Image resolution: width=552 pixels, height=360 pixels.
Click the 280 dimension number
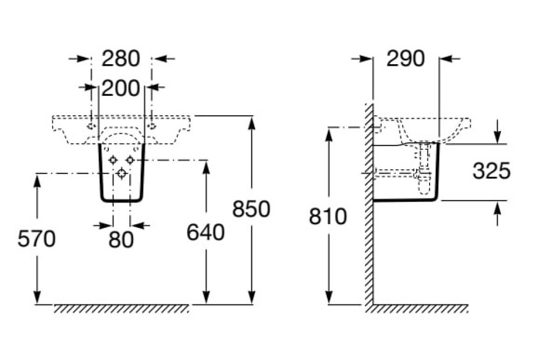coord(121,58)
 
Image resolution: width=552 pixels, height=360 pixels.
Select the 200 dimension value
coord(121,88)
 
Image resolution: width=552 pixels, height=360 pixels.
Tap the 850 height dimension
coord(251,209)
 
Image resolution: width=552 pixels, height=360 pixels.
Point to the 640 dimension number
coord(205,232)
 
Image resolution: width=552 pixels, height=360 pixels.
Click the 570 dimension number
coord(37,239)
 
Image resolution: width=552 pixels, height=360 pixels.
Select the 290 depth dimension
coord(406,58)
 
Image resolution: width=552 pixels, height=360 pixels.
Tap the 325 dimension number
coord(491,171)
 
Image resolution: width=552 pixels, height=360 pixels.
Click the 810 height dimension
coord(328,217)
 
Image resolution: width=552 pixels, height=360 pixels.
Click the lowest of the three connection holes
coord(122,173)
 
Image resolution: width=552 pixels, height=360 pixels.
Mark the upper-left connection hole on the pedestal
coord(113,161)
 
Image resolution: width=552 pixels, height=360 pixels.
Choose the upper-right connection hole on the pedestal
coord(130,161)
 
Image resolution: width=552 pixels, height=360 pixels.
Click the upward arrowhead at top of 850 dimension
coord(251,123)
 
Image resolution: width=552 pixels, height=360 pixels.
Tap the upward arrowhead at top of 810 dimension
coord(328,135)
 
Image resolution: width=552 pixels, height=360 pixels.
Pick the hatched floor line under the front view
coord(121,308)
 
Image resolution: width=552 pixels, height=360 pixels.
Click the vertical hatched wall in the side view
coord(369,205)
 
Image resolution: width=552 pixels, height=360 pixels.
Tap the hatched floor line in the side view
coord(420,308)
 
